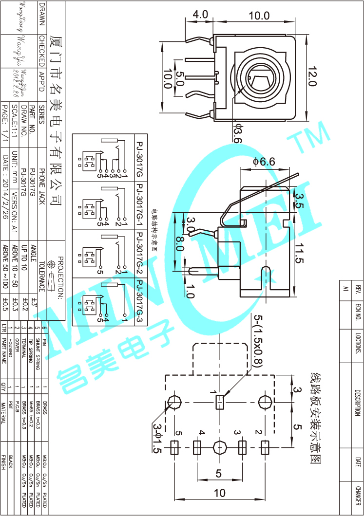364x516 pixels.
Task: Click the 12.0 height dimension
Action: pos(312,77)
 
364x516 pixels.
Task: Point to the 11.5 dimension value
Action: pos(299,253)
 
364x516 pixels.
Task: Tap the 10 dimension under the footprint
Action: pos(220,493)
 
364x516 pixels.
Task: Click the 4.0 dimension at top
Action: pos(200,15)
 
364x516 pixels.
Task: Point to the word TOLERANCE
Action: pos(42,276)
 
